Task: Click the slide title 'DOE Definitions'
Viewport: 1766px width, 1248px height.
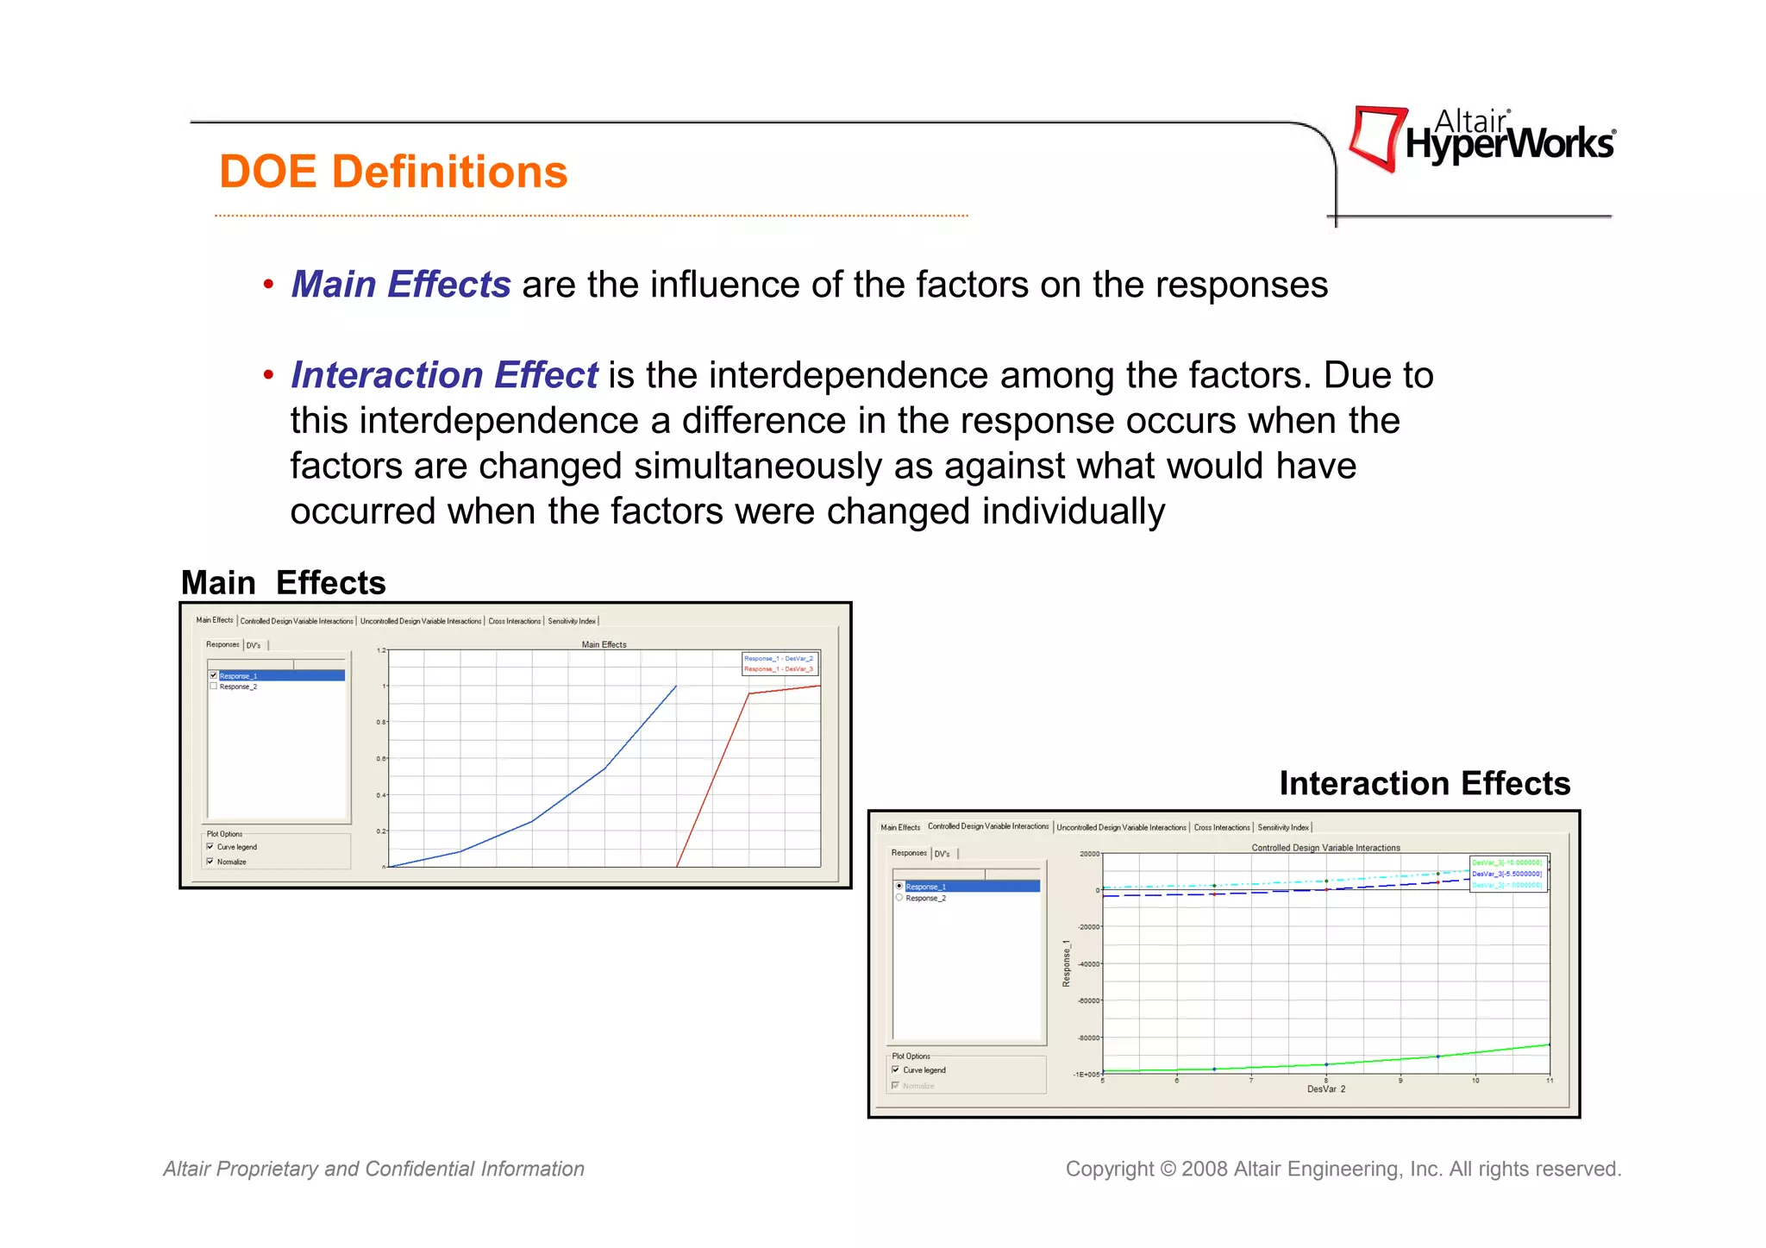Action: [393, 172]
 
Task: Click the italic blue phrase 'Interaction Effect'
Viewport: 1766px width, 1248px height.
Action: [444, 375]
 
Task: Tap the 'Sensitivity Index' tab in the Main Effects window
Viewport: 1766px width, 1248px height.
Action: [571, 621]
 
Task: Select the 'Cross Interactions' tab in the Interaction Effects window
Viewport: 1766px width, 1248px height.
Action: [1221, 827]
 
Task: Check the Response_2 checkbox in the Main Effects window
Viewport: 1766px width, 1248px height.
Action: [213, 687]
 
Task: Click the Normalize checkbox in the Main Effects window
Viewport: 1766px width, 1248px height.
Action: [210, 862]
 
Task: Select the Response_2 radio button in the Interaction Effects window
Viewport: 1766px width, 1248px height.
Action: [899, 898]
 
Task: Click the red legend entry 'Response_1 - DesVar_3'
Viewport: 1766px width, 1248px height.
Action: [779, 669]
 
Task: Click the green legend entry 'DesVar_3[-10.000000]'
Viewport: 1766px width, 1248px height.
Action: [1506, 862]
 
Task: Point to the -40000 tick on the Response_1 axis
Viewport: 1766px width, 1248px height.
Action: [1089, 964]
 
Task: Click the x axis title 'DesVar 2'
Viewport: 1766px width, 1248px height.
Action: [1325, 1089]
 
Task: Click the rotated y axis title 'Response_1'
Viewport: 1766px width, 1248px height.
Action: [1066, 963]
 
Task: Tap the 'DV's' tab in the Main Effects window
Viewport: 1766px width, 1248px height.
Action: [254, 645]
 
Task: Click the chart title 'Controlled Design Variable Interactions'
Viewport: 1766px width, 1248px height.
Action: [1325, 848]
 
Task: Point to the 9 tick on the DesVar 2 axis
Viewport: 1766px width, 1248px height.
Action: [1400, 1080]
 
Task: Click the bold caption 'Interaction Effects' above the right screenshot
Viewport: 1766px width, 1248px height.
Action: [1425, 783]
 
